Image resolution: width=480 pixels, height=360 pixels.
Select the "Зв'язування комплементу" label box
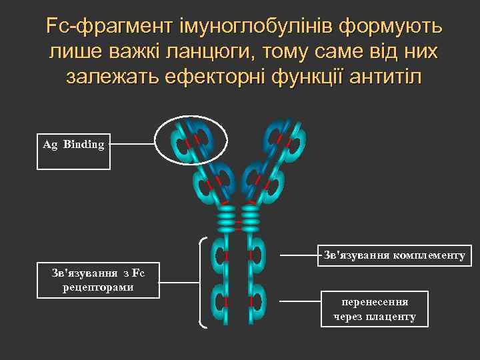point(393,255)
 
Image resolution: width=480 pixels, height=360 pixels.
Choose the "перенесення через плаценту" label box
point(374,309)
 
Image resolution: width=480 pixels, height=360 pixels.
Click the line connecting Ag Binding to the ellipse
point(132,144)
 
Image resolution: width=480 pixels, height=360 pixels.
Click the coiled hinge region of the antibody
point(239,217)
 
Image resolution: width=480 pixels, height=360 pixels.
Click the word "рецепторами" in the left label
point(99,287)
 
